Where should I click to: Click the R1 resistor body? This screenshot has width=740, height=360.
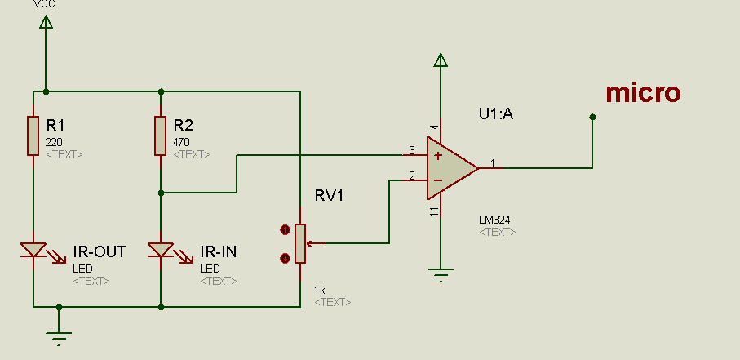point(33,136)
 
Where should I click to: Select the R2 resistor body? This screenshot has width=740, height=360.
point(161,136)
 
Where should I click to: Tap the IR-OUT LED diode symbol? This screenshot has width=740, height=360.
point(33,250)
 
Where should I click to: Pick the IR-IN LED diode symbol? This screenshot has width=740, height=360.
point(161,250)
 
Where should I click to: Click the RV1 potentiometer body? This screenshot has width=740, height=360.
point(300,243)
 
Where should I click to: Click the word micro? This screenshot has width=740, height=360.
point(643,93)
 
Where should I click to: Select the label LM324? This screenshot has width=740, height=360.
point(495,220)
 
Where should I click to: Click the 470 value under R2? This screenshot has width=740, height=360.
point(182,141)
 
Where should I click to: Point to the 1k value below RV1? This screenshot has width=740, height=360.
point(320,290)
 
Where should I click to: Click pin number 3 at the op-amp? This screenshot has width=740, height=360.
point(411,149)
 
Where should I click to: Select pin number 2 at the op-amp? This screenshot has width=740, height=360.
point(411,176)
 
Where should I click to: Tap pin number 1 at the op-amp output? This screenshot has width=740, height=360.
point(492,162)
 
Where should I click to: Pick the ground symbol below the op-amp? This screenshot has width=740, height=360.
point(441,273)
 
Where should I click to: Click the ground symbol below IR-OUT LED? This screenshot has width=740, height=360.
point(59,333)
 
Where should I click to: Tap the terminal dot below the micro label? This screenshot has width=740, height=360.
point(593,117)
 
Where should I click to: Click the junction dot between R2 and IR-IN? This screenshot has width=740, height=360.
point(161,193)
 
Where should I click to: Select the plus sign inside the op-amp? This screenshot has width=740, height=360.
point(438,155)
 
